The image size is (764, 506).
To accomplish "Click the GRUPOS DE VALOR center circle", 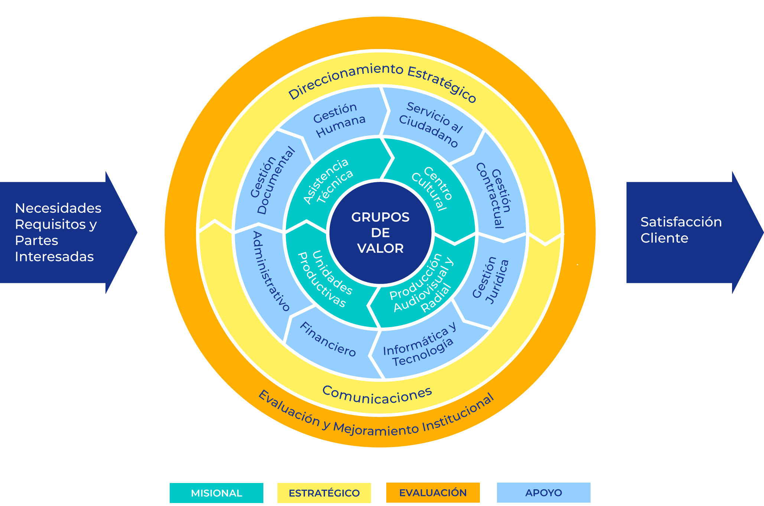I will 380,233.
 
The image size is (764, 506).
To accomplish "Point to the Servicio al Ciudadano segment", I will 431,124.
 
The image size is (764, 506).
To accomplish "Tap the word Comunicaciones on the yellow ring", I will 377,396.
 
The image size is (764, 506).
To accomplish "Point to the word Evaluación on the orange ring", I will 288,408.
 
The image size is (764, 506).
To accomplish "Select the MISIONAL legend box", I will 216,493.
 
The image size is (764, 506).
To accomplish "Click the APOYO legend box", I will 543,493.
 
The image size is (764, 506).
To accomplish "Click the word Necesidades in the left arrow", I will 58,208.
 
